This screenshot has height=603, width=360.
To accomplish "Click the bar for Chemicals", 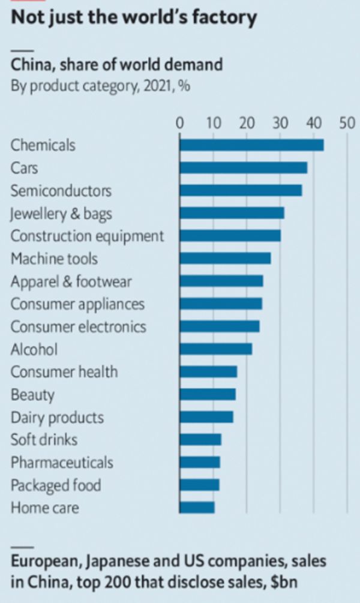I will pos(251,145).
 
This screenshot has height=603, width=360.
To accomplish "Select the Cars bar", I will pos(243,168).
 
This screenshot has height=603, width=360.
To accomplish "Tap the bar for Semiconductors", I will pos(241,191).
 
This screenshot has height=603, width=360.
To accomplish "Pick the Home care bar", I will pos(197,508).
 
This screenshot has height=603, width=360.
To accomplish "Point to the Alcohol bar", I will pos(215,349).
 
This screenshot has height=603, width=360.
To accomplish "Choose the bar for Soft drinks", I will pos(200,440).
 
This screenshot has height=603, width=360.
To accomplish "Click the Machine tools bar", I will pos(225,259).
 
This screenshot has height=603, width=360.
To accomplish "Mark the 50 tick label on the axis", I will pos(346,124).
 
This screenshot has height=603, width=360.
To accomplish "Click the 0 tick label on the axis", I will pos(180,124).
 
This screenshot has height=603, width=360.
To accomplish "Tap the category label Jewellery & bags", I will pos(61,214).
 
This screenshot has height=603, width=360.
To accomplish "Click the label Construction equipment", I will pos(87,236).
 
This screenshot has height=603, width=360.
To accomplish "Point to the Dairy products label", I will pos(57,418).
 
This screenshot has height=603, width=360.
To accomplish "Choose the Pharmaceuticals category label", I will pos(62,463).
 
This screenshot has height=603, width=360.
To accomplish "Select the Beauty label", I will pos(32,395).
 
